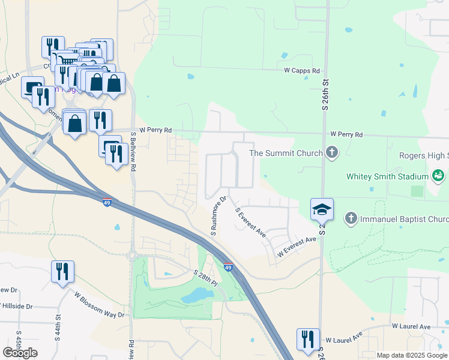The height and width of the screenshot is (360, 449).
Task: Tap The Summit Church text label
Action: (286, 153)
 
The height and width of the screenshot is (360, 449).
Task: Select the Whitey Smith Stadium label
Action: (387, 176)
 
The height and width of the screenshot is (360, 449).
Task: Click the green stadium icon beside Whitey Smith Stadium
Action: (438, 176)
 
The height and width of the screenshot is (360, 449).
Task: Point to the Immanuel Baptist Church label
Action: (403, 219)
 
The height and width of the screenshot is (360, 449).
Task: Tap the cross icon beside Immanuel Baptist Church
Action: (352, 218)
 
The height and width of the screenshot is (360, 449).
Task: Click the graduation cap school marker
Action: (322, 210)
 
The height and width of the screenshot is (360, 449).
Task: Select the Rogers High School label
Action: (424, 155)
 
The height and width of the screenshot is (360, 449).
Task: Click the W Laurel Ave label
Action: (412, 326)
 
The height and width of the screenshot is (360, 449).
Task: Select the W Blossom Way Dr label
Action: (99, 305)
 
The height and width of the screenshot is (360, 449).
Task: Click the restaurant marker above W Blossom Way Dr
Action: (62, 272)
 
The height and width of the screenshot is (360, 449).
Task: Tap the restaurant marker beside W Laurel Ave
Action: (308, 340)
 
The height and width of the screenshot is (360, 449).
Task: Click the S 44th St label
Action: (59, 324)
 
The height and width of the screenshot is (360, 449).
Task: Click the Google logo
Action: (20, 353)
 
